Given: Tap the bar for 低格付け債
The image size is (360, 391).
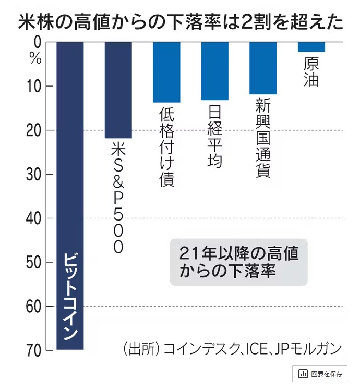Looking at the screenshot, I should click(166, 72).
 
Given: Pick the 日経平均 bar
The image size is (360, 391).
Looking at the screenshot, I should click(215, 71).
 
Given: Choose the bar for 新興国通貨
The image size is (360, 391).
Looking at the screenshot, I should click(263, 68).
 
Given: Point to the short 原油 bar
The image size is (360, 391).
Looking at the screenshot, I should click(311, 47).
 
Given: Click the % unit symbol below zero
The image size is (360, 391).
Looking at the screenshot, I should click(35, 57).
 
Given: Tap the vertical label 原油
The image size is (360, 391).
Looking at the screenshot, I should click(311, 73).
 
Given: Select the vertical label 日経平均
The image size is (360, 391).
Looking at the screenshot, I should click(215, 137).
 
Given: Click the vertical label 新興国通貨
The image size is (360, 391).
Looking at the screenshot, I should click(263, 138).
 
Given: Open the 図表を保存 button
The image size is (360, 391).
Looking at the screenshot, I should click(320, 374).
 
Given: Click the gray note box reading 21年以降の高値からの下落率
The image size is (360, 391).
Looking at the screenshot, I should click(238, 262).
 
